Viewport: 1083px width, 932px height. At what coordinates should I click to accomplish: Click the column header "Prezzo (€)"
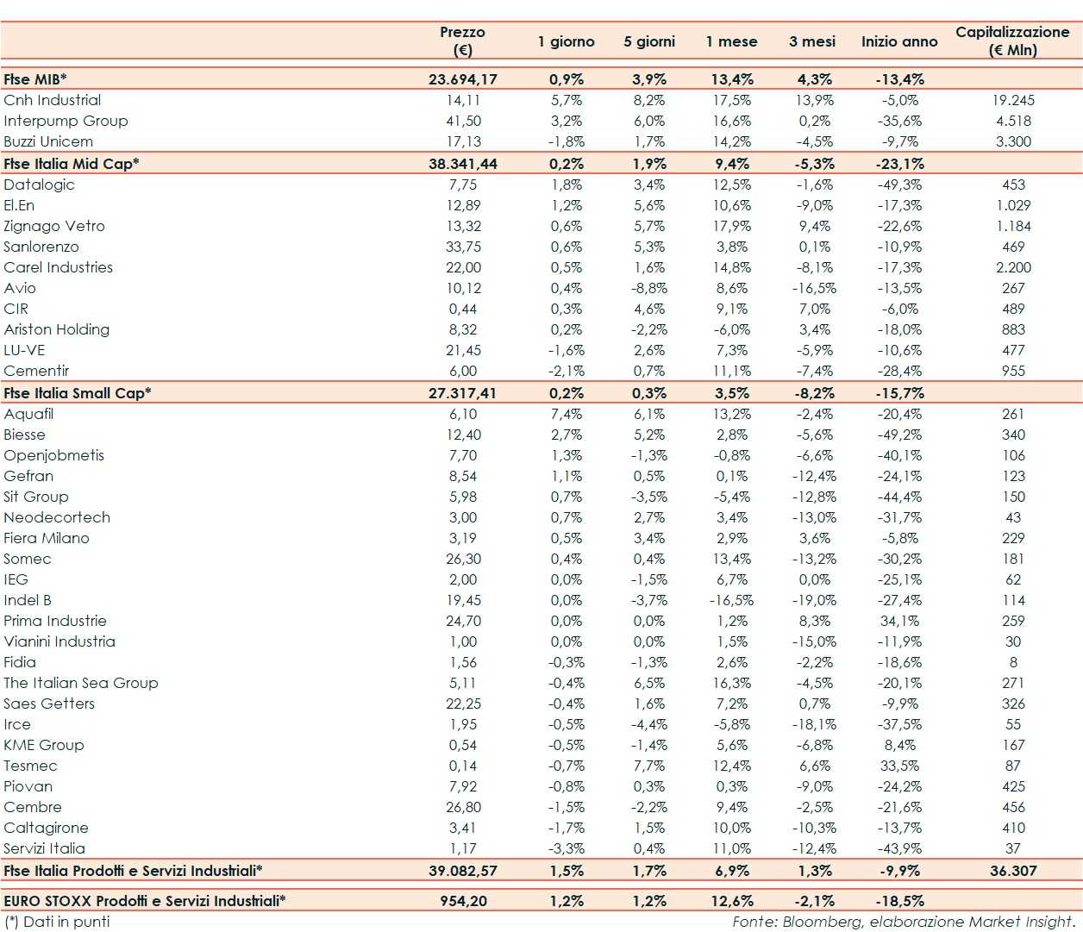tap(462, 41)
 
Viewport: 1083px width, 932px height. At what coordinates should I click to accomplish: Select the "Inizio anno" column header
tap(898, 41)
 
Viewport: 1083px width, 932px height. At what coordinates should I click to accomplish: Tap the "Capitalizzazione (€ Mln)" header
tap(1012, 41)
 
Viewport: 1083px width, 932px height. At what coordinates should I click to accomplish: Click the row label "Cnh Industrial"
tap(53, 100)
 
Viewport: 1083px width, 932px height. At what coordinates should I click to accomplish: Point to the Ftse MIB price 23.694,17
tap(462, 79)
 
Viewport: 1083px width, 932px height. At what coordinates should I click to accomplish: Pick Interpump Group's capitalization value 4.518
tap(1013, 121)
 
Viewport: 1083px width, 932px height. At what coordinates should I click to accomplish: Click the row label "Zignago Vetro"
tap(54, 226)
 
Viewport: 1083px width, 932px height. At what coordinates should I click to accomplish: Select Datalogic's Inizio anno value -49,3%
tap(899, 185)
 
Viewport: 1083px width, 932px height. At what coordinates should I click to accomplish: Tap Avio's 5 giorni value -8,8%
tap(648, 288)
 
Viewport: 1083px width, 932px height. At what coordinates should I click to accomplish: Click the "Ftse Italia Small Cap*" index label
tap(78, 393)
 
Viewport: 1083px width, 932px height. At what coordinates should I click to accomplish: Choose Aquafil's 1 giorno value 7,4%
tap(567, 414)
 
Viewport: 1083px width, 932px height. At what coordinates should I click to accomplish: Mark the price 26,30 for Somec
tap(463, 559)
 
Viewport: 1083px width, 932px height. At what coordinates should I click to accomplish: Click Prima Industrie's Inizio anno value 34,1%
tap(899, 621)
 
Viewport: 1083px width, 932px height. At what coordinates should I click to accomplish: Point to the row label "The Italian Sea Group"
tap(81, 683)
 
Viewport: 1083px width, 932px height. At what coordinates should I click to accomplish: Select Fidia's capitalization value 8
tap(1013, 662)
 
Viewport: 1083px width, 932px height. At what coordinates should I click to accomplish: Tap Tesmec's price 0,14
tap(463, 766)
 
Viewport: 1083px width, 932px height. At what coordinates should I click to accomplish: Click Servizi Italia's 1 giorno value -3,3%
tap(567, 848)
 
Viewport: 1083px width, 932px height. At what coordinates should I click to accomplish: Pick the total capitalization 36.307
tap(1013, 871)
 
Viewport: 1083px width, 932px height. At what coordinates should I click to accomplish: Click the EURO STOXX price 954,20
tap(463, 901)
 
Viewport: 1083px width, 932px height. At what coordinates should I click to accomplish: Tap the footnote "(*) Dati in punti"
tap(58, 922)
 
